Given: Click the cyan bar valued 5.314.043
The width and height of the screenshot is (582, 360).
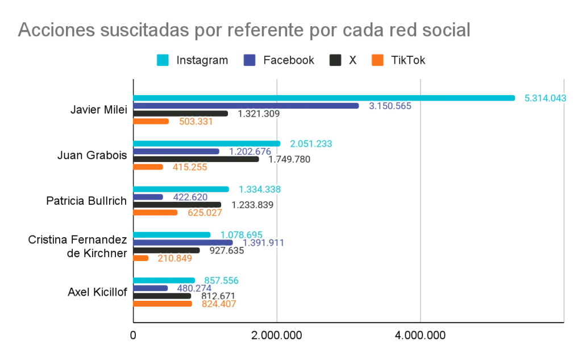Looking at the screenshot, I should (324, 98).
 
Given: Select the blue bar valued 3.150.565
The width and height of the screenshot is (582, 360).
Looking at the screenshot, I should (245, 106).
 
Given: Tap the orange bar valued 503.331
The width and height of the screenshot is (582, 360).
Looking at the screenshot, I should (151, 122).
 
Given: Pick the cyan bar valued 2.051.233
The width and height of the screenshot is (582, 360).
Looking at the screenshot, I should (206, 143).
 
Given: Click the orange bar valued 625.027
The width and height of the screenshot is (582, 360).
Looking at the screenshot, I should (156, 213).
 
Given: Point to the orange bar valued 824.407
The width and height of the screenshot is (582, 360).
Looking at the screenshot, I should (163, 304).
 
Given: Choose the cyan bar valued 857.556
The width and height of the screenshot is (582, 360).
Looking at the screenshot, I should (164, 279).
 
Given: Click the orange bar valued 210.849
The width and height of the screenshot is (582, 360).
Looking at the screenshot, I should (141, 258).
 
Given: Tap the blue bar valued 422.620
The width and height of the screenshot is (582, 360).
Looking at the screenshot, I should (148, 197).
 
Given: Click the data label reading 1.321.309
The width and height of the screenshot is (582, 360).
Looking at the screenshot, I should (259, 114).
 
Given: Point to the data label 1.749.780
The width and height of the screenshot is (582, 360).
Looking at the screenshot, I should (290, 159).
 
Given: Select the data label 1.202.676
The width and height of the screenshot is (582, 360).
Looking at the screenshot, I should (250, 151).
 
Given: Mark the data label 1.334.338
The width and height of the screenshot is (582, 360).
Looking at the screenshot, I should (259, 189).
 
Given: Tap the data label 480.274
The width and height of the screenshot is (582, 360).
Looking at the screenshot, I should (194, 288).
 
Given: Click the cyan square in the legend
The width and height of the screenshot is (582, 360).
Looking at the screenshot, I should (163, 60).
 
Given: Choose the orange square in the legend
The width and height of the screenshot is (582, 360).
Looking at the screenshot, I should (377, 60).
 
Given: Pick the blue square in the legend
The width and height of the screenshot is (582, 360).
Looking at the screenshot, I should (250, 60).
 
